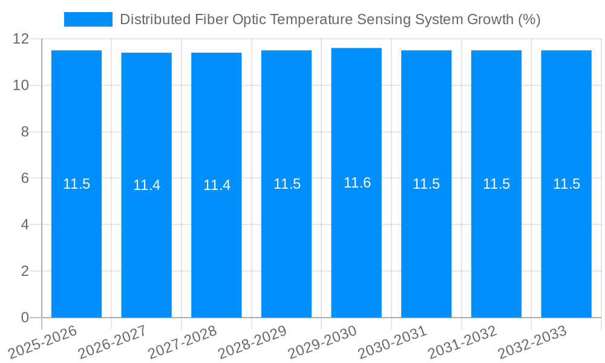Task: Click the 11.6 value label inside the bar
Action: (357, 183)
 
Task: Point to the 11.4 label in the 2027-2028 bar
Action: (217, 185)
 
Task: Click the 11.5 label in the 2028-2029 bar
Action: (287, 184)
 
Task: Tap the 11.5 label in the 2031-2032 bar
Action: (496, 184)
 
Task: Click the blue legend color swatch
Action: (88, 19)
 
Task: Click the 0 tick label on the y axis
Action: (25, 318)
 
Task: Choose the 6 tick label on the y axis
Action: (25, 178)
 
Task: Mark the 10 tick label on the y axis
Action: (21, 85)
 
